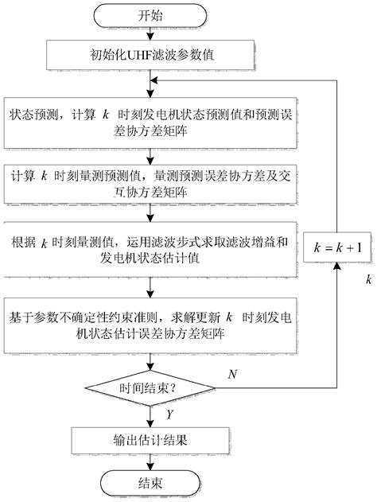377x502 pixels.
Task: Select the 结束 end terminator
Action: pyautogui.click(x=145, y=483)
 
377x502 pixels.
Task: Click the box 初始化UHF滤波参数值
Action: pyautogui.click(x=145, y=56)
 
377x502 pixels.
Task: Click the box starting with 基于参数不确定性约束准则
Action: pyautogui.click(x=145, y=326)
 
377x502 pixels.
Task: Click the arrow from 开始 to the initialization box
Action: pyautogui.click(x=145, y=33)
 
